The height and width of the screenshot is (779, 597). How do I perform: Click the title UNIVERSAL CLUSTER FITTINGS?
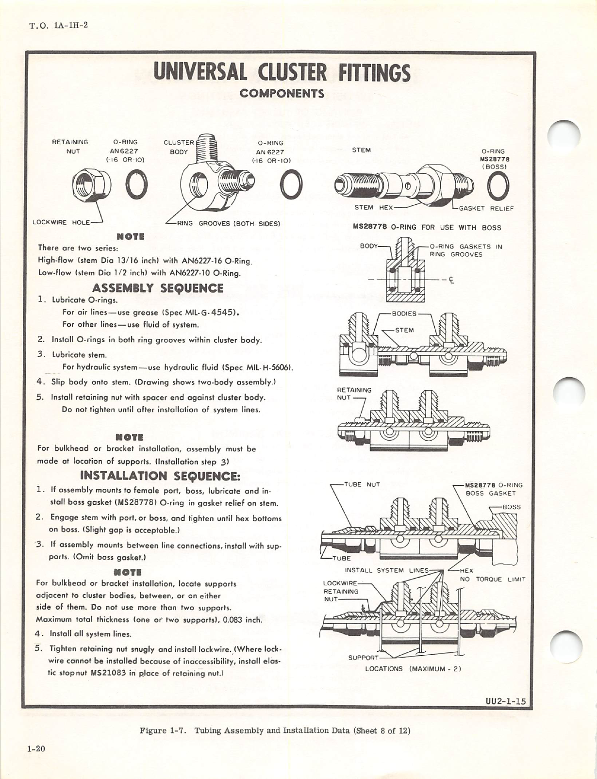click(x=282, y=73)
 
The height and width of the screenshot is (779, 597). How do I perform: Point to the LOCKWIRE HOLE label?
click(x=61, y=222)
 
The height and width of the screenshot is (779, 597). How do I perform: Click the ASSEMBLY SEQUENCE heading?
click(x=158, y=288)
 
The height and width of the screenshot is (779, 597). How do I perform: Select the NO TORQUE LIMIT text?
click(x=493, y=580)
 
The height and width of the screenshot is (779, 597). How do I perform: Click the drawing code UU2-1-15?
click(x=505, y=701)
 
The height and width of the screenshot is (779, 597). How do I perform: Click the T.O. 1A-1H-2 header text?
click(x=59, y=25)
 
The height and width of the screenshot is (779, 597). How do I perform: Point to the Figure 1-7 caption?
click(x=275, y=730)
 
